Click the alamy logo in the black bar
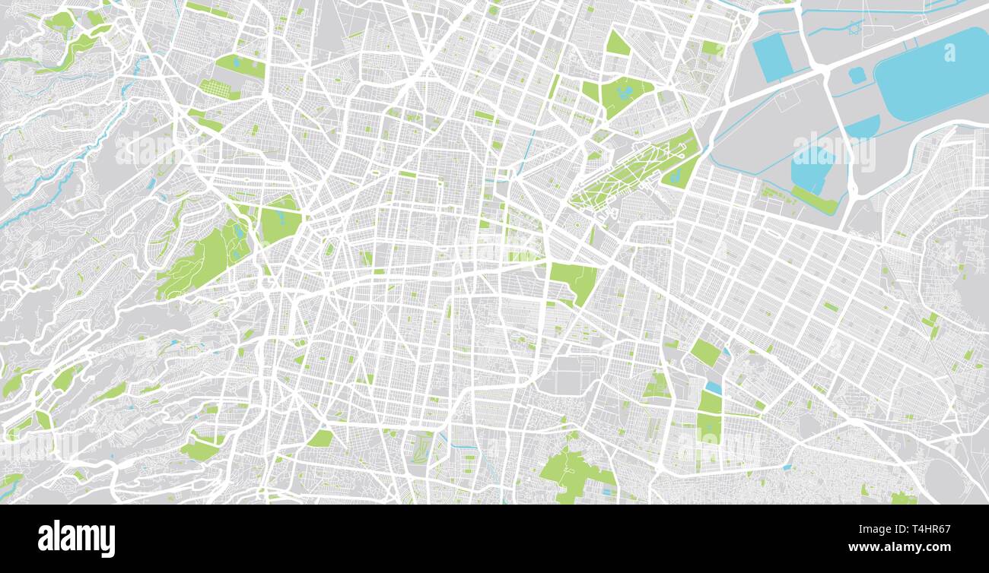click(76, 538)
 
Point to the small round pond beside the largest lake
click(857, 74)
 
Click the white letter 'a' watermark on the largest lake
click(949, 52)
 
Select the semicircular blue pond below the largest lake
click(863, 128)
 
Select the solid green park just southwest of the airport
click(574, 279)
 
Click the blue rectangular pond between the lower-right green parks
click(713, 388)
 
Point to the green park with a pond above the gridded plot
click(240, 65)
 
